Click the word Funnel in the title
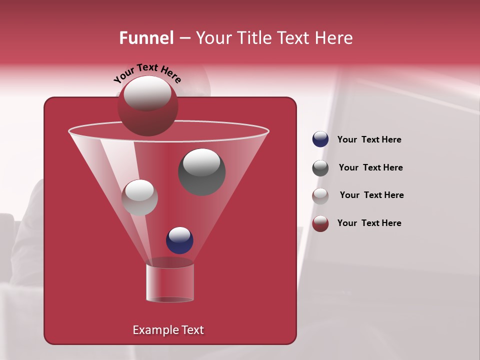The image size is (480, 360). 146,38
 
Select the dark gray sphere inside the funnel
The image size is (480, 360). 201,172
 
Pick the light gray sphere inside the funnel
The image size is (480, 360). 139,197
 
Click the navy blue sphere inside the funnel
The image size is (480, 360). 179,240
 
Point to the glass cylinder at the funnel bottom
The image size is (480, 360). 169,283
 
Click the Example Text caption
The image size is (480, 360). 168,330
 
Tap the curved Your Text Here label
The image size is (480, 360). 147,73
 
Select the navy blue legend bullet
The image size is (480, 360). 320,139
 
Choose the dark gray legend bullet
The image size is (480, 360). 320,168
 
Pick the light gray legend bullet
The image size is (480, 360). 320,196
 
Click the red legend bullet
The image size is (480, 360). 320,223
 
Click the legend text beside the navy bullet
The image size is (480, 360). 369,140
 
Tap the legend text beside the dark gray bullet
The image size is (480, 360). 370,168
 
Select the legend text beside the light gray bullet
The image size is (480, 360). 371,195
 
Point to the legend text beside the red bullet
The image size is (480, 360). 369,223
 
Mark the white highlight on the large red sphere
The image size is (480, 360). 147,93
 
